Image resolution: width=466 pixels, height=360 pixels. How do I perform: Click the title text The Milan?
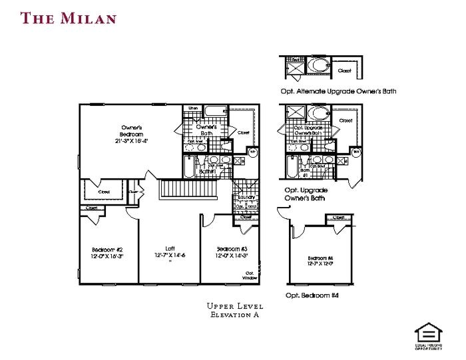tap(69, 17)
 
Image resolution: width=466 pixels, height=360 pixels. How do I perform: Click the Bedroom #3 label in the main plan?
tap(231, 249)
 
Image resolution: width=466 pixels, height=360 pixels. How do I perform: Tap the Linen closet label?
tap(193, 108)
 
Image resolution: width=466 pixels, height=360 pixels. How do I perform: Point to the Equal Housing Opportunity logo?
tap(427, 335)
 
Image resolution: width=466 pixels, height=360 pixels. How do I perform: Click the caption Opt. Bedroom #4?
tap(312, 295)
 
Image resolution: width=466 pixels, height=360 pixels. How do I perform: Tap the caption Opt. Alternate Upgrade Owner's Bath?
tap(338, 91)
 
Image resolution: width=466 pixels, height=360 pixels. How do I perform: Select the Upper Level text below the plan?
tap(235, 306)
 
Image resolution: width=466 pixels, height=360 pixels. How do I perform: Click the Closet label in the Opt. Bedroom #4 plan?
tap(338, 218)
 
